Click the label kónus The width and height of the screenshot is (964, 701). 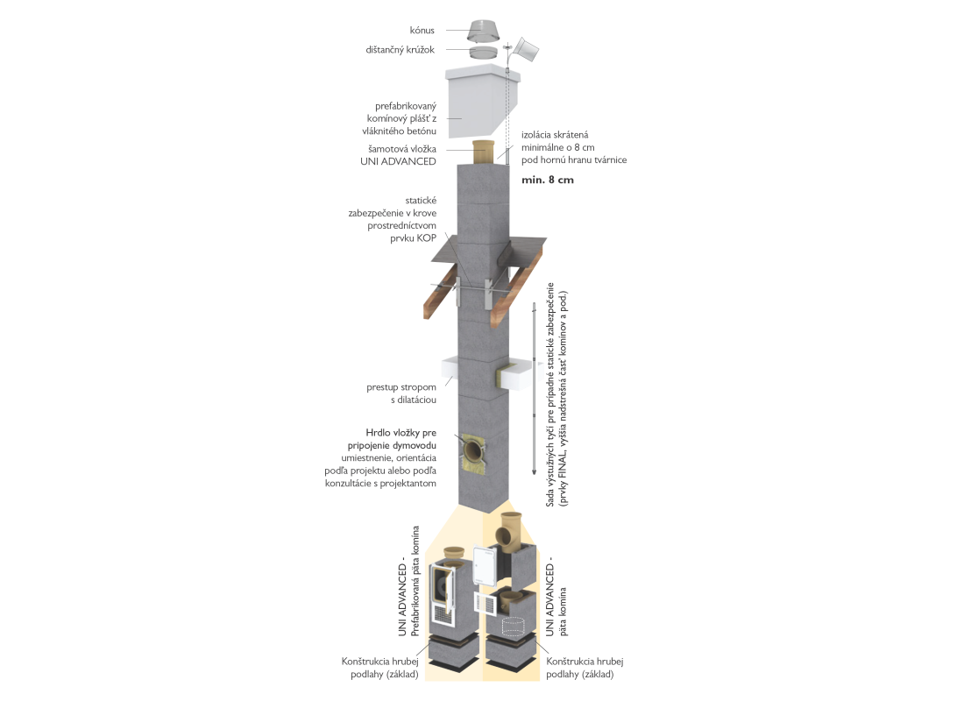[x=422, y=30]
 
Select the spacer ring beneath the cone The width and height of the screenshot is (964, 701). [x=484, y=53]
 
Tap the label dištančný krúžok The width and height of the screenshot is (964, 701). [x=400, y=50]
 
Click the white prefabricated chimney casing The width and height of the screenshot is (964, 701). [x=483, y=102]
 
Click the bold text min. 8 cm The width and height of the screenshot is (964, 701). [x=547, y=181]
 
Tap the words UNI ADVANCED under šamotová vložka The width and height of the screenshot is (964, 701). [x=399, y=161]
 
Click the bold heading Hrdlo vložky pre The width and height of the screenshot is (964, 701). [x=400, y=433]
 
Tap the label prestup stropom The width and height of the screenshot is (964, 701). [x=400, y=387]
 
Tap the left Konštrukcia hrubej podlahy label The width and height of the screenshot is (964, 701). [x=380, y=668]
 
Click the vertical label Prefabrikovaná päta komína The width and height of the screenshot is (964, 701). [x=415, y=580]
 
